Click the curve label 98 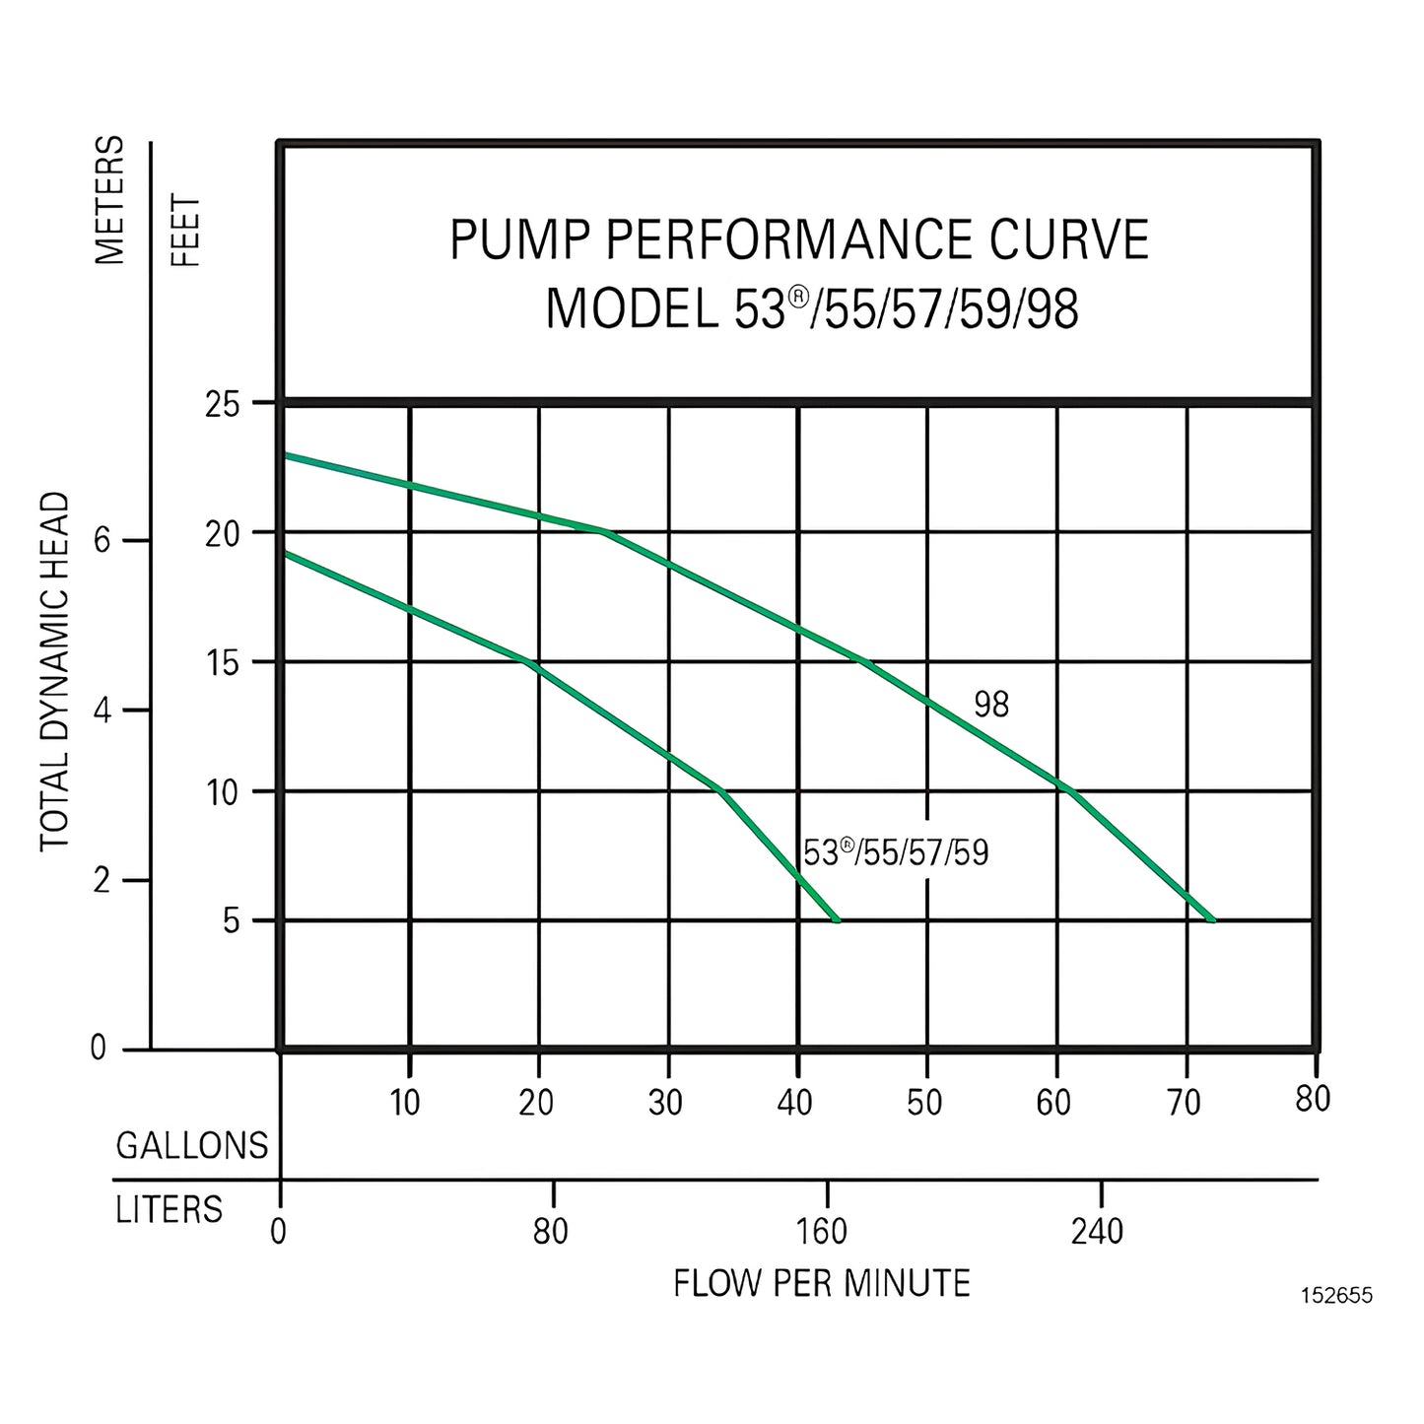coord(991,705)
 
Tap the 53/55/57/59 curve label coord(895,852)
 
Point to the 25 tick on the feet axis coord(223,404)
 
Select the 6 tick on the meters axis coord(102,541)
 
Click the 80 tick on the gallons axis coord(1313,1099)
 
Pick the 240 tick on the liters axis coord(1097,1231)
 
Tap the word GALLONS coord(192,1145)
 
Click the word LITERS coord(170,1209)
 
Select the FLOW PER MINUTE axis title coord(822,1283)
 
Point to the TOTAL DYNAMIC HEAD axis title coord(55,671)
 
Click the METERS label coord(110,201)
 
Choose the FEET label coord(186,231)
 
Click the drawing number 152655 coord(1336,1296)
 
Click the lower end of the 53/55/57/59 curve coord(837,920)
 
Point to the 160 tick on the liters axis coord(822,1231)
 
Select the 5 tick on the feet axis coord(232,921)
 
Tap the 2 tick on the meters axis coord(102,880)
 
